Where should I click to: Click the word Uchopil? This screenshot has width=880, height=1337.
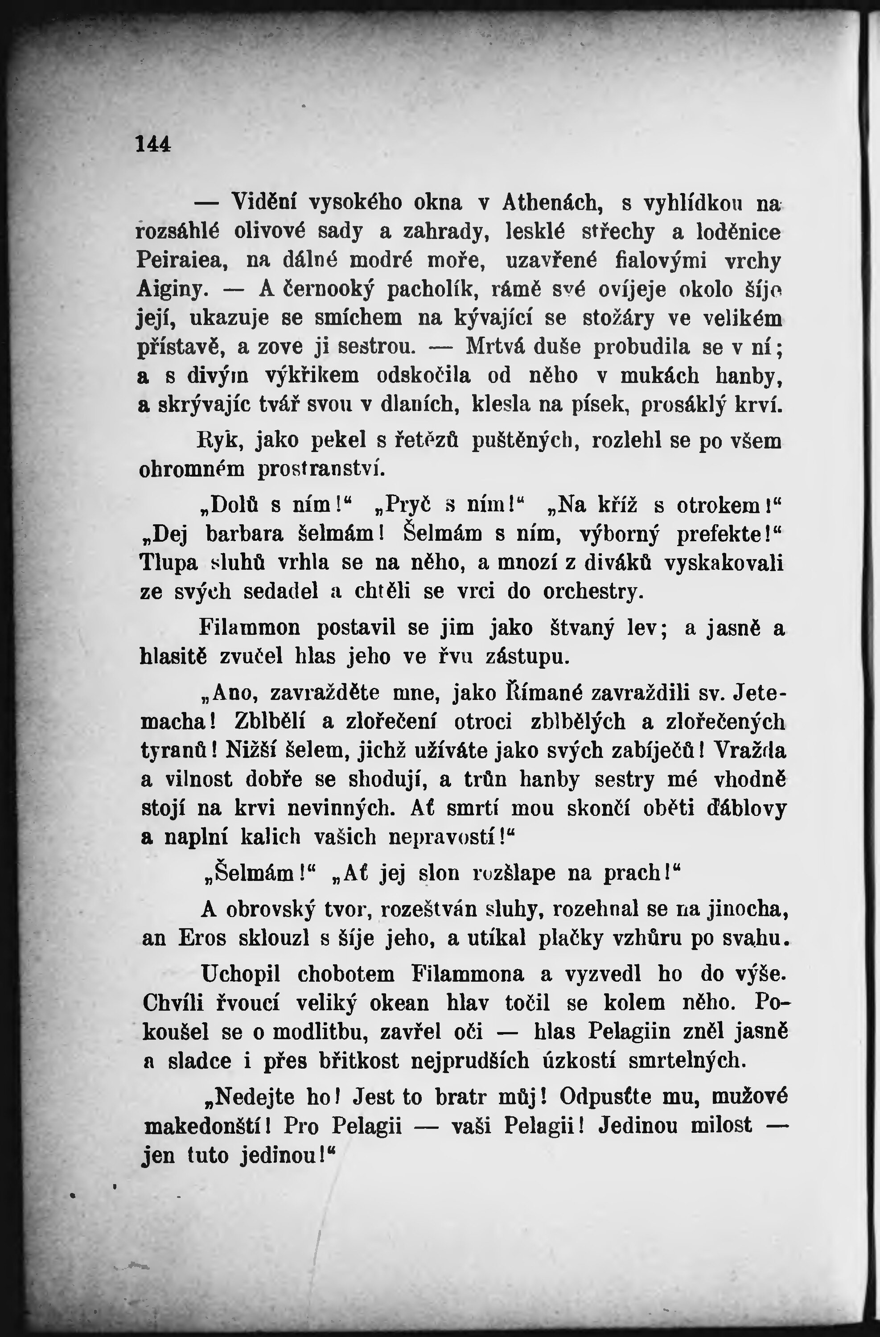coord(243,974)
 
